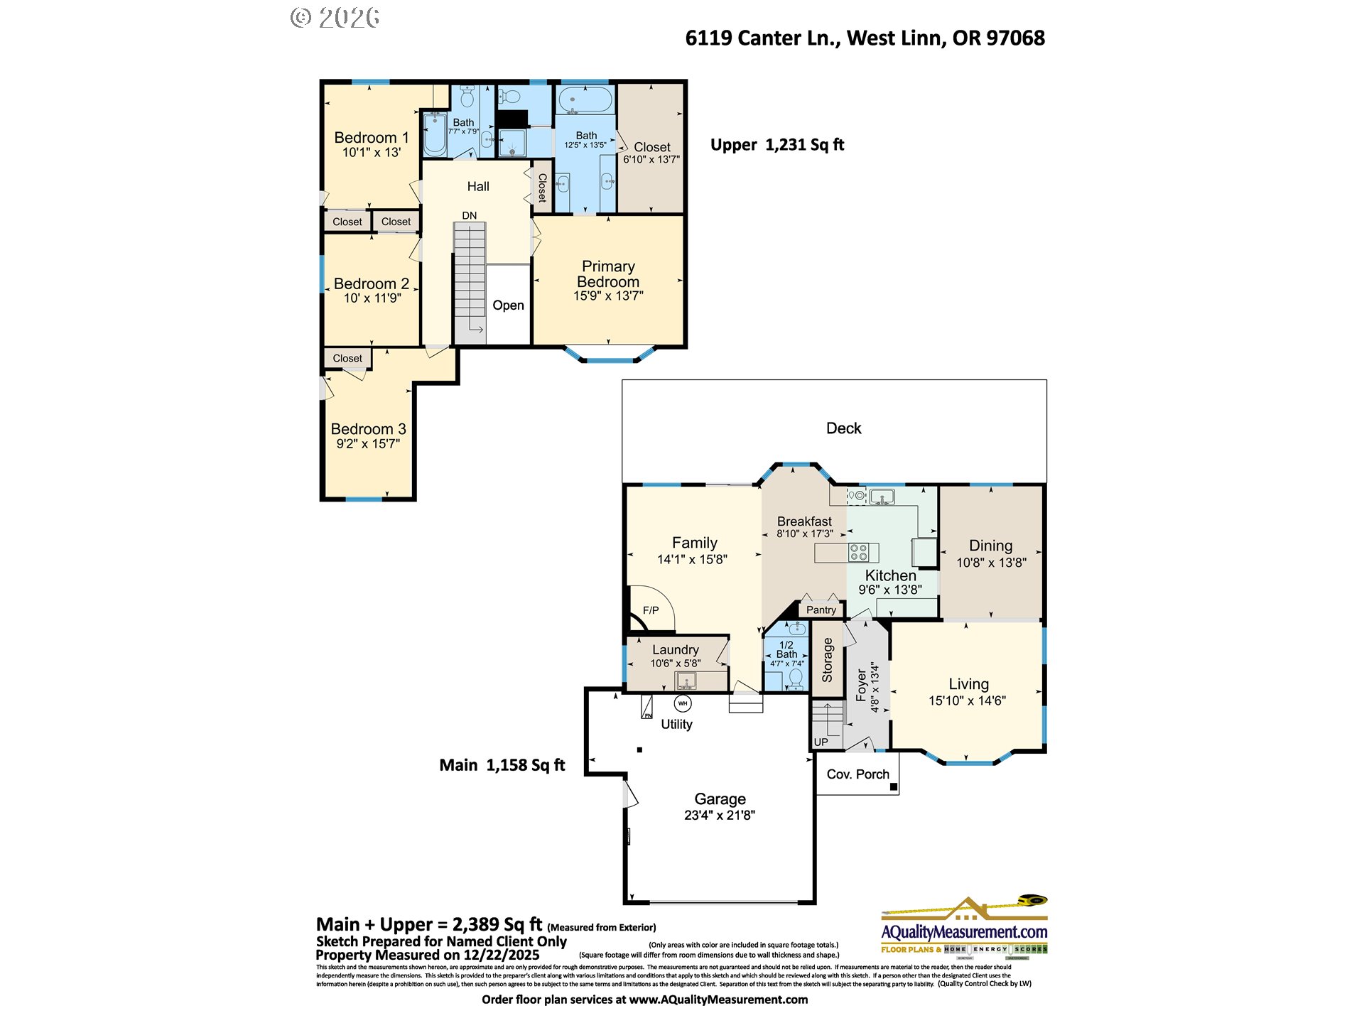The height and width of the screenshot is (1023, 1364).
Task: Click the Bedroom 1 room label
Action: pos(371,138)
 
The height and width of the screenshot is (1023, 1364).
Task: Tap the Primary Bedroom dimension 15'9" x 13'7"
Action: pos(608,296)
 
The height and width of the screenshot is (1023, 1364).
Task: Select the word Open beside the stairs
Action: pos(508,305)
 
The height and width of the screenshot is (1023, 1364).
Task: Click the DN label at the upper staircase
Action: pos(469,215)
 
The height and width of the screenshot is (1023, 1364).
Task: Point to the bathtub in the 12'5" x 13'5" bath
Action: pos(585,99)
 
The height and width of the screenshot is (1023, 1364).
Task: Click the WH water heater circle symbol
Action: pos(682,703)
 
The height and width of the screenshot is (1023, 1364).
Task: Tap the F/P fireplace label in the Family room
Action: pos(650,610)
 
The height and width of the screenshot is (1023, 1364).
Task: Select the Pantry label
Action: pos(821,610)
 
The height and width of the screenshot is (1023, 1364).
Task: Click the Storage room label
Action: pos(827,660)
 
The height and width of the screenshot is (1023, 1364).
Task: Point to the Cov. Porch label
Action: pos(857,774)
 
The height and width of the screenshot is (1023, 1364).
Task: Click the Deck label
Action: pos(843,428)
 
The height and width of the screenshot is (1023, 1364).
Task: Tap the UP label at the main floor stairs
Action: pos(821,742)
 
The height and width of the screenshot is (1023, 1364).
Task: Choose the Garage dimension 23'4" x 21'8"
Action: pos(719,816)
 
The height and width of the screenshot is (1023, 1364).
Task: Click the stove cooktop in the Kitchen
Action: pos(858,552)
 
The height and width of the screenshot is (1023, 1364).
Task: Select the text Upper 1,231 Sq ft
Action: pos(776,145)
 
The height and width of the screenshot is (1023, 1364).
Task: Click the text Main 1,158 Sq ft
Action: pos(502,765)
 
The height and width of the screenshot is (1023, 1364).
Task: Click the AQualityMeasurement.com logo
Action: pos(963,930)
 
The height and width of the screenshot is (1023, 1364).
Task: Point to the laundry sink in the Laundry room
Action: pos(686,681)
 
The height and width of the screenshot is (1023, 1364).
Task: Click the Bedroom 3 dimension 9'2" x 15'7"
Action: pos(367,444)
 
